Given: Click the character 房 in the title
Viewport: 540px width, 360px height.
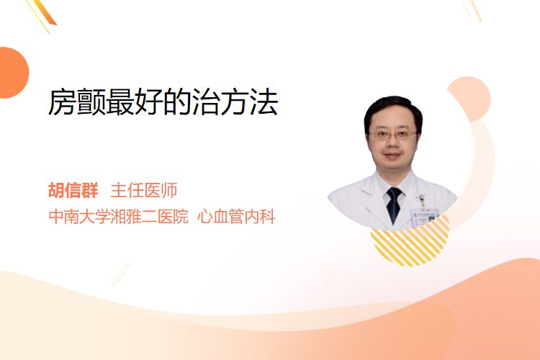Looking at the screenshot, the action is point(62,102).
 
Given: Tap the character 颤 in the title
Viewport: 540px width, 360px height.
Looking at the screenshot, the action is point(91,102).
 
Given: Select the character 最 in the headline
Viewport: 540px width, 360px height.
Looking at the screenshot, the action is point(120,102).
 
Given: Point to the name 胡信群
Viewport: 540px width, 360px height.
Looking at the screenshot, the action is point(73,190).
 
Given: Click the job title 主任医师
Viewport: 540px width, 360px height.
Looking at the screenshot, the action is point(144,190).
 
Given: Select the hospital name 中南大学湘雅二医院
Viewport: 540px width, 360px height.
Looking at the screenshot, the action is point(119,217).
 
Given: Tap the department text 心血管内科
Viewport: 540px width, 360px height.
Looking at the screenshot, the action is point(236,217).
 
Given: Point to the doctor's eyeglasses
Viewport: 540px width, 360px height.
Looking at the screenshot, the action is point(392,135).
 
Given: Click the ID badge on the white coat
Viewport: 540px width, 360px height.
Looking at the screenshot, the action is point(424,215).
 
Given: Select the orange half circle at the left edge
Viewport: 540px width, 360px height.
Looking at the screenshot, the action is point(13,73).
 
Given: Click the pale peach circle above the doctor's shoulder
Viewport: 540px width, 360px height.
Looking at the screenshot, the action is point(471,96).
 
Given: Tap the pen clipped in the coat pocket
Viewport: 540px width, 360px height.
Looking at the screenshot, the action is point(421,199).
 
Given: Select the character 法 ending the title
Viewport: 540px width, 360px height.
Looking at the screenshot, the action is point(264,102).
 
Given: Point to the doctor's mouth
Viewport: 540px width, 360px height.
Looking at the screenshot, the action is point(392,155).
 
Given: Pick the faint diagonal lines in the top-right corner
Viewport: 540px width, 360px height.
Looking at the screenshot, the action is point(472,10).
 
